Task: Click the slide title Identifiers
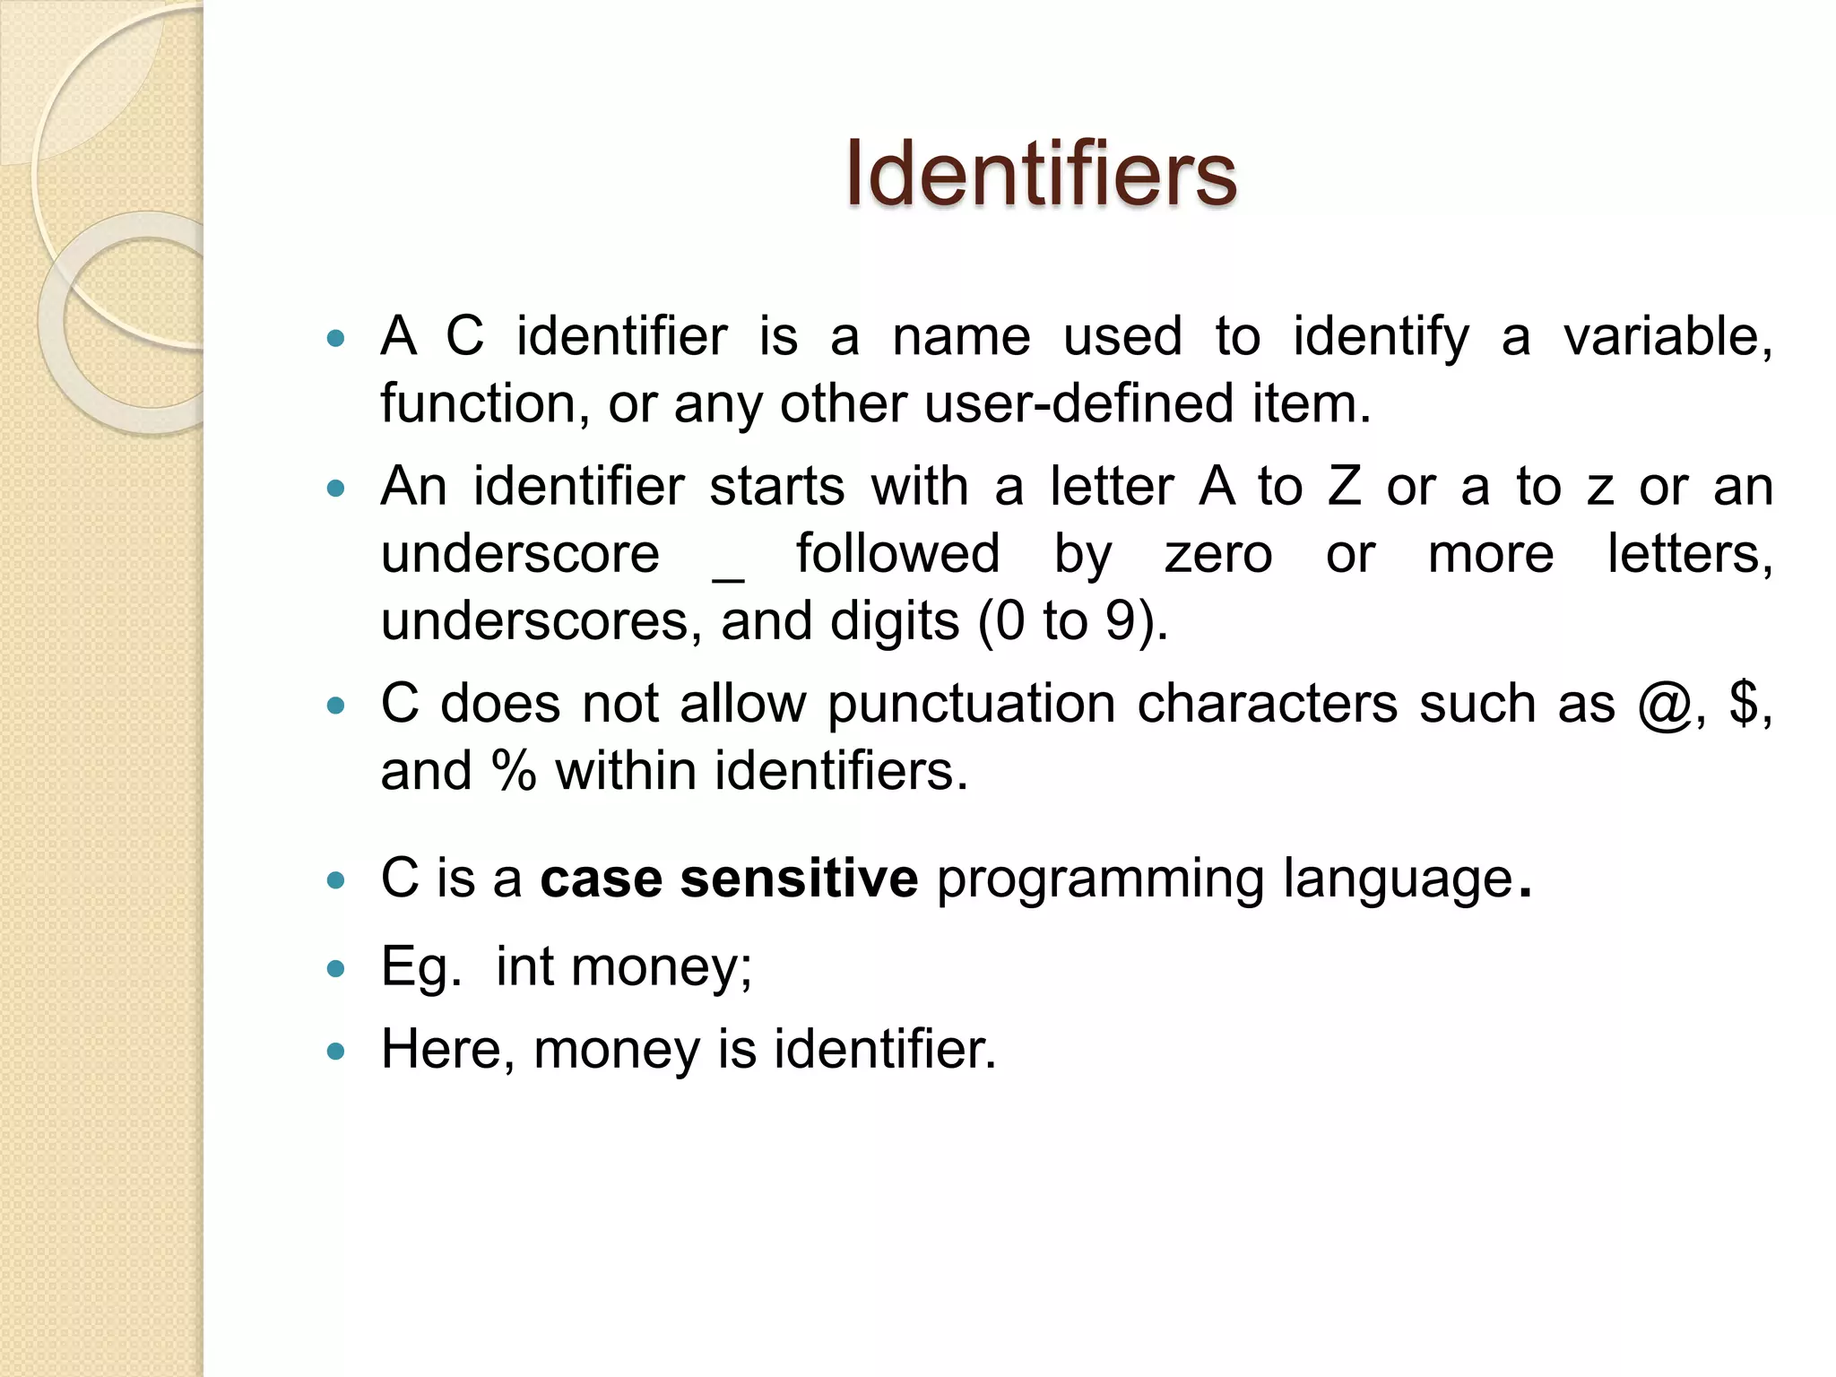tap(1040, 173)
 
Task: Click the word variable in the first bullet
tap(1667, 337)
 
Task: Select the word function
tap(484, 404)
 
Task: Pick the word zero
tap(1218, 554)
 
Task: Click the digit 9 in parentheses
tap(1121, 621)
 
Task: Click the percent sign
tap(514, 771)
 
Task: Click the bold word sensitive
tap(799, 878)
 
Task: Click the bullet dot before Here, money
tap(336, 1052)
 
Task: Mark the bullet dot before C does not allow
tap(336, 706)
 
